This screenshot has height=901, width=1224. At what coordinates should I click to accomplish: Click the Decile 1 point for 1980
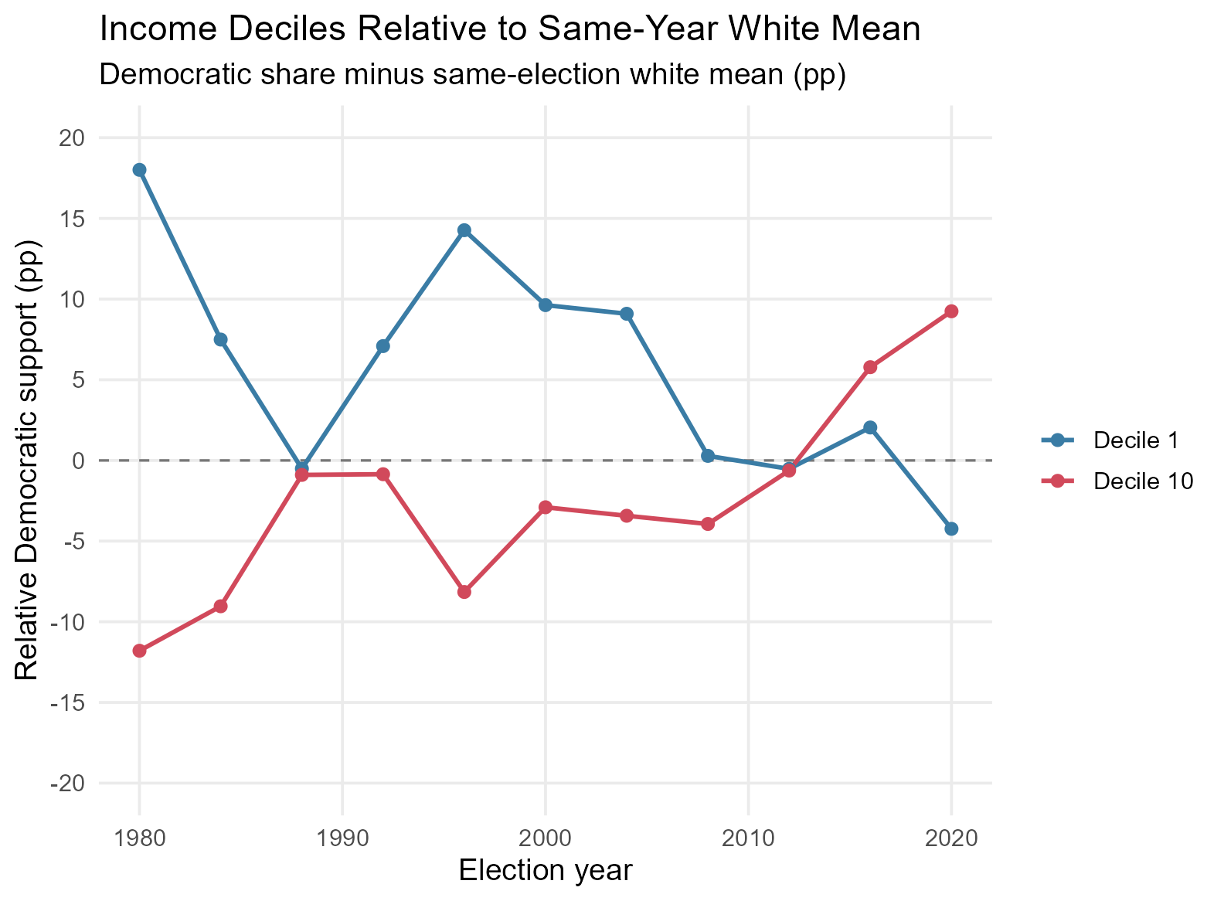pyautogui.click(x=139, y=170)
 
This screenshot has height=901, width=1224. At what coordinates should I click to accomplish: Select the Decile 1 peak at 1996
pyautogui.click(x=464, y=230)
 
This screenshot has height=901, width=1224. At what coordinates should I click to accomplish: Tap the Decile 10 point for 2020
pyautogui.click(x=951, y=311)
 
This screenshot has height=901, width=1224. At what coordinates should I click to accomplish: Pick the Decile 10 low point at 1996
pyautogui.click(x=464, y=592)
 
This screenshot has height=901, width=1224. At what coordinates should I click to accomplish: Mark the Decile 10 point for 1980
pyautogui.click(x=139, y=651)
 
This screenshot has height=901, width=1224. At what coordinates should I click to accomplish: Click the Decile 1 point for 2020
pyautogui.click(x=951, y=529)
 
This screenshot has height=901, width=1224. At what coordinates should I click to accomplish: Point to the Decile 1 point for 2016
pyautogui.click(x=870, y=427)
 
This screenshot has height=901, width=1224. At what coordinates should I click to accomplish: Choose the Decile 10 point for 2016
pyautogui.click(x=870, y=367)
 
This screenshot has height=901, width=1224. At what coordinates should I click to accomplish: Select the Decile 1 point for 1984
pyautogui.click(x=221, y=340)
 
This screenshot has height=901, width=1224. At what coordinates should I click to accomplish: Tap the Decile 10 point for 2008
pyautogui.click(x=708, y=524)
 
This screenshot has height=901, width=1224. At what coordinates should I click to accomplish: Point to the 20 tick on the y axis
pyautogui.click(x=72, y=138)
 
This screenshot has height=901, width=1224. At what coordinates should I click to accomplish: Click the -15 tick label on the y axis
pyautogui.click(x=68, y=702)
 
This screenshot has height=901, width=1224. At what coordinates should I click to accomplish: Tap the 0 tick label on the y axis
pyautogui.click(x=80, y=461)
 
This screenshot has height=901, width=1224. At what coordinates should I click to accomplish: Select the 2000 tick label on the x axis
pyautogui.click(x=546, y=838)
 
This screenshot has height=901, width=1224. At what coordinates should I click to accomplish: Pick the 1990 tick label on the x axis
pyautogui.click(x=342, y=838)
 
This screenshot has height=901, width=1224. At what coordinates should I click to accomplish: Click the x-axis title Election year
pyautogui.click(x=546, y=870)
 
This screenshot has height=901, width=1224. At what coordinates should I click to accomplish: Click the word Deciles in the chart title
pyautogui.click(x=287, y=29)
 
